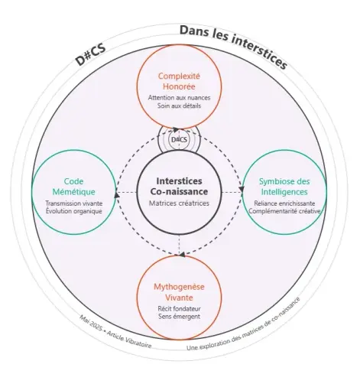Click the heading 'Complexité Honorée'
[x=179, y=81]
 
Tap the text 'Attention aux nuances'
[x=179, y=98]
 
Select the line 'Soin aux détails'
[x=179, y=106]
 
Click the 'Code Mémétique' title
[x=73, y=187]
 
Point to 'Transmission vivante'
[x=74, y=203]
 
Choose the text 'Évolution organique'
[x=74, y=211]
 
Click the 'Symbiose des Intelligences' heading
[x=284, y=187]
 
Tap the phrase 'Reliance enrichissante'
[x=284, y=203]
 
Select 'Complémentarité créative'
[x=284, y=211]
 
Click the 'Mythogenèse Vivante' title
[x=179, y=292]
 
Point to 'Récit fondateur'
[x=179, y=309]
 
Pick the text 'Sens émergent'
[x=179, y=317]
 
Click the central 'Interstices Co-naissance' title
[x=179, y=186]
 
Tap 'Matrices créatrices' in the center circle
[x=179, y=203]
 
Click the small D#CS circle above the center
[x=179, y=140]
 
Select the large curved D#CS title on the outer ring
[x=91, y=56]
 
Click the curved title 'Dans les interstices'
[x=234, y=47]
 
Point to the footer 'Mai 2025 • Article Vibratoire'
[x=115, y=333]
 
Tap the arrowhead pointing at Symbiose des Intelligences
[x=242, y=189]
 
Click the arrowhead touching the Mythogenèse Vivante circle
[x=182, y=254]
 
